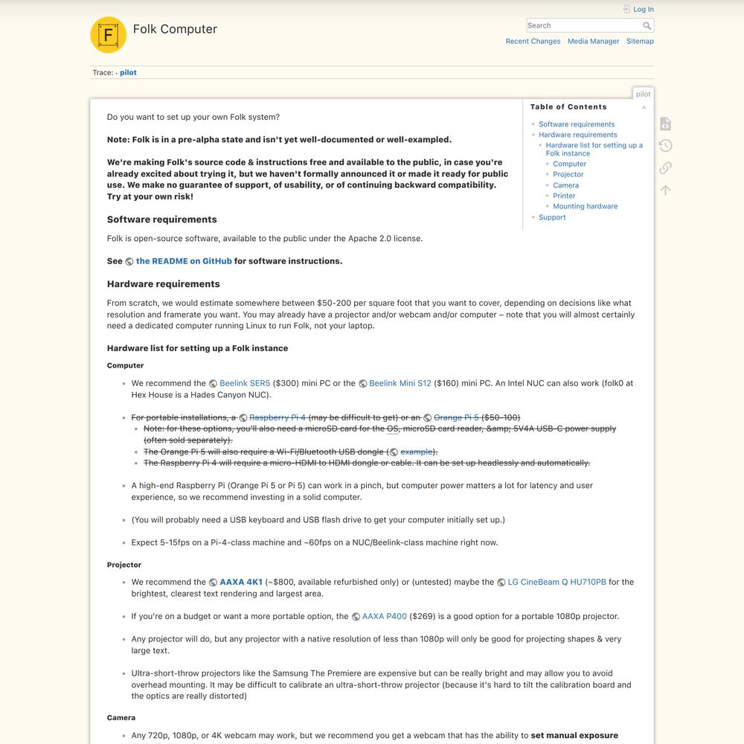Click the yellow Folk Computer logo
(x=108, y=35)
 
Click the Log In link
(x=643, y=10)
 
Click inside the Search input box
(x=583, y=25)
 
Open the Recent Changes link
(x=533, y=42)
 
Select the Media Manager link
(x=593, y=42)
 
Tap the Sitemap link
(x=640, y=42)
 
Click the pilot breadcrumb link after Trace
(x=128, y=73)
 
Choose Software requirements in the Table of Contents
(x=577, y=124)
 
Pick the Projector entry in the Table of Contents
(x=568, y=174)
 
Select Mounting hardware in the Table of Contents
(x=585, y=206)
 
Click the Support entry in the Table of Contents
(x=552, y=217)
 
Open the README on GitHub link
(x=184, y=261)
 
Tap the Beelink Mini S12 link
(x=400, y=383)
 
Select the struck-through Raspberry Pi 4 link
(x=277, y=417)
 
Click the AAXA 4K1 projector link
(x=240, y=582)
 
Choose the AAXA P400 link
(x=384, y=616)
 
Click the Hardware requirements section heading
(x=163, y=283)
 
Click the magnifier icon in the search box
(x=647, y=25)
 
